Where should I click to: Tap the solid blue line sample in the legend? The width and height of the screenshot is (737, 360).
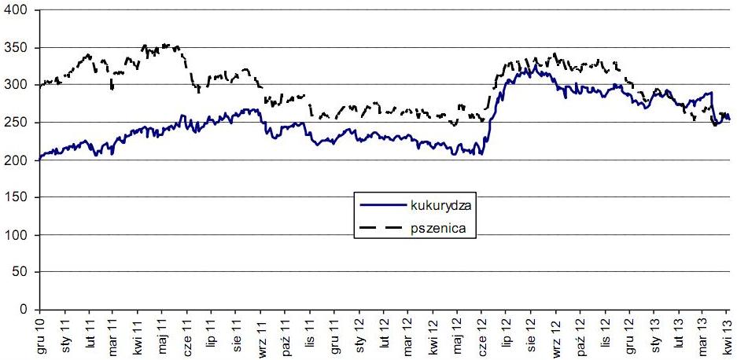point(381,206)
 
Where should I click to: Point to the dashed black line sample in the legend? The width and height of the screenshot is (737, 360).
point(381,229)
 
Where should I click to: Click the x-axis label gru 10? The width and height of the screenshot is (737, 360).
point(40,336)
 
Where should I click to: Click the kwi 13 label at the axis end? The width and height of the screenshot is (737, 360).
point(728,336)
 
